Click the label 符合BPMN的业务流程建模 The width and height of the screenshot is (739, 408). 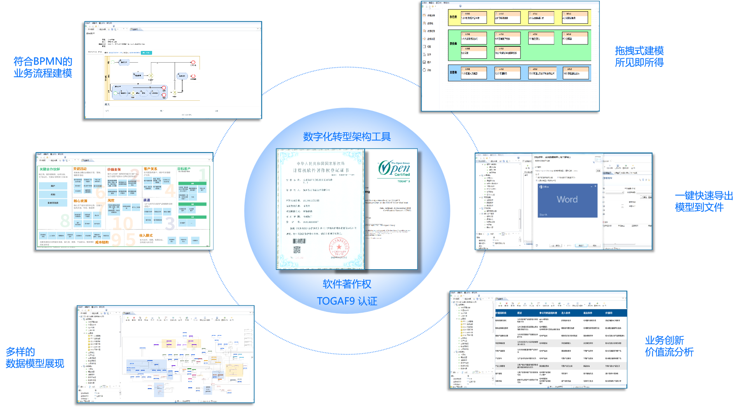coord(43,67)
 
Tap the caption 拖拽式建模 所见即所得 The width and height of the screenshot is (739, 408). coord(639,56)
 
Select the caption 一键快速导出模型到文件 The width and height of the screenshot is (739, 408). coord(704,201)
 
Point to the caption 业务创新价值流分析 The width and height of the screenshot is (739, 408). coord(669,346)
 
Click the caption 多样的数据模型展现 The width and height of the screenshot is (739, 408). coord(35,358)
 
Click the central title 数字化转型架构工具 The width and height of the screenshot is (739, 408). coord(347,137)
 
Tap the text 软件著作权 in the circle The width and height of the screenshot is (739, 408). coord(347,284)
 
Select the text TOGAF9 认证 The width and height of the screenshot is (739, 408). coord(347,301)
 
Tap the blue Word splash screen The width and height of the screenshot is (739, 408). coord(567,200)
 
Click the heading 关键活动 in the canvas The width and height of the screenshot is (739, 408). coord(80,169)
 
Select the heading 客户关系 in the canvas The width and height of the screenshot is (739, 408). coord(151,169)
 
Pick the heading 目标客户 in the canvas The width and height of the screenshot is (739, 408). coord(184,169)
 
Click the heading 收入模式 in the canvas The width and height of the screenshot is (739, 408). coord(146,236)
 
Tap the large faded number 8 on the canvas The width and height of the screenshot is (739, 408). coord(65,221)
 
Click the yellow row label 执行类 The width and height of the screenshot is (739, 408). coord(453,17)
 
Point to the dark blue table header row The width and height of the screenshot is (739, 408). coord(560,313)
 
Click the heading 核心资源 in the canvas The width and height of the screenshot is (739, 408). coord(81,201)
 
